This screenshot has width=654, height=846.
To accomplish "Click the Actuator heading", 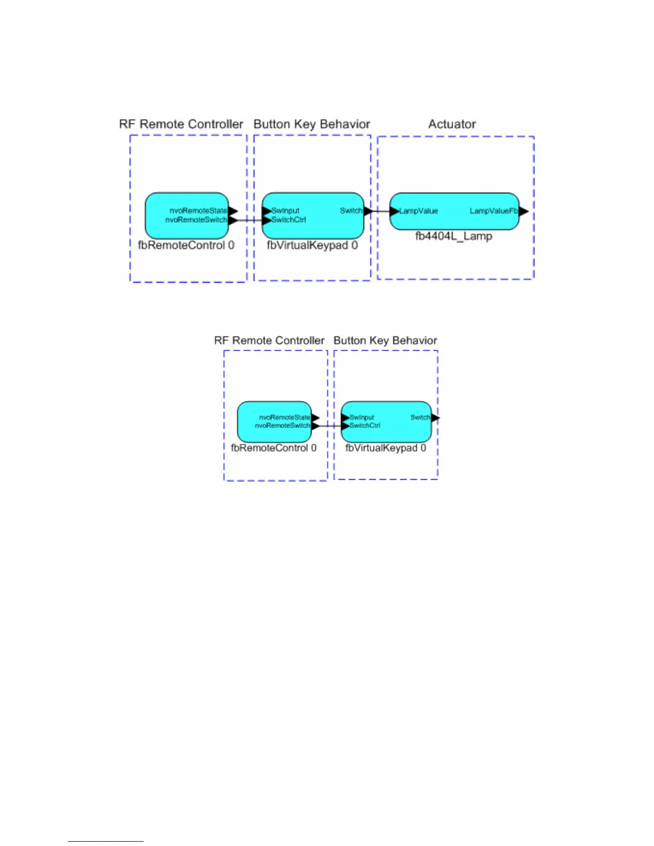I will click(451, 124).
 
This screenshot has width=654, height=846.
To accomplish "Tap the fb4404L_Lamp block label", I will click(454, 236).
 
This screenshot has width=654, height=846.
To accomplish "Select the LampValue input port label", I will click(418, 211).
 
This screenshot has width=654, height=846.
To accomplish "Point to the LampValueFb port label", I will click(493, 211).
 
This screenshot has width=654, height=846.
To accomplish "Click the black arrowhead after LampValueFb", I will click(524, 211).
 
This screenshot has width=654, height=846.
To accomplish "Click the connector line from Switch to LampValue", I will click(381, 211).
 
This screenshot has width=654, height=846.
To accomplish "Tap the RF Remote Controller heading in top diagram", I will click(181, 124).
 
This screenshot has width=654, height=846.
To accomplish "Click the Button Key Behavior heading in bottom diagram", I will click(385, 341).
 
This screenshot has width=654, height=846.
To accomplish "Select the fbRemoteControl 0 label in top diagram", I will click(186, 246).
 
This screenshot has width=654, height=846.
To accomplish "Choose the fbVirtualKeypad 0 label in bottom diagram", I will click(386, 448).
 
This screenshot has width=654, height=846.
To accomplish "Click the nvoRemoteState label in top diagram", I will click(198, 211).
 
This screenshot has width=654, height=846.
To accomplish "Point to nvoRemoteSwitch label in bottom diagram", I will click(282, 426).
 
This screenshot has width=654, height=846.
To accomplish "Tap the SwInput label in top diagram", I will click(285, 211).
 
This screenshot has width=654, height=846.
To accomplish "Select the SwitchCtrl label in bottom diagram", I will click(365, 426).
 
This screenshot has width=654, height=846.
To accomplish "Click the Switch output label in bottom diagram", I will click(420, 418).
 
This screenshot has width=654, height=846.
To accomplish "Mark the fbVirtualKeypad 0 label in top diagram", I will click(312, 246).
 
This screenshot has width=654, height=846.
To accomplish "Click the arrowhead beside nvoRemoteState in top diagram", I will click(233, 211).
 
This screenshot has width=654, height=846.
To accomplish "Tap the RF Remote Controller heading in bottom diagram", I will click(269, 341).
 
